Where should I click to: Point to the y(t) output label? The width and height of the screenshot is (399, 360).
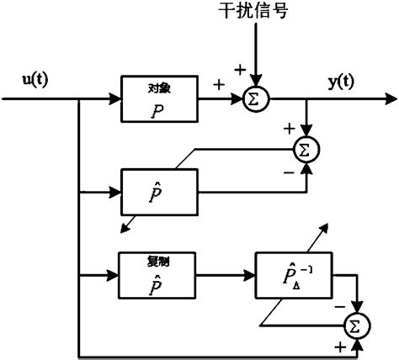(x=340, y=81)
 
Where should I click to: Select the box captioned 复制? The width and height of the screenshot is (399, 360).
(x=159, y=275)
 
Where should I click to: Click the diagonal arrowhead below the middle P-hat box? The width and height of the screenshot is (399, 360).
(x=124, y=227)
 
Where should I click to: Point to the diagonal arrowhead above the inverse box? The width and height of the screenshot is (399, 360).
(x=324, y=228)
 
